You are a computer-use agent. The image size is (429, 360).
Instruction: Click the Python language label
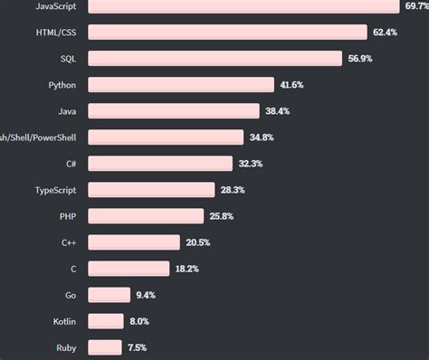(x=62, y=85)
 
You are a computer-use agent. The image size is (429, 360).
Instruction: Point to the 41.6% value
(x=291, y=85)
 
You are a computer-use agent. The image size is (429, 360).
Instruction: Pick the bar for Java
(x=176, y=111)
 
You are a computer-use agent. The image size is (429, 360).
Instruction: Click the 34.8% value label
(x=262, y=137)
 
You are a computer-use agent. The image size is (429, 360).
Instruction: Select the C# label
(x=70, y=164)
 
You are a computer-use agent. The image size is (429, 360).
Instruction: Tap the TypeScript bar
(x=152, y=190)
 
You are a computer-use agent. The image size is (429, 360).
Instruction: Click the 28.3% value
(x=232, y=190)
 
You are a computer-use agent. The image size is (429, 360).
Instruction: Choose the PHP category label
(x=68, y=216)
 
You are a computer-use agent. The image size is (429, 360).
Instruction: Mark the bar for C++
(x=134, y=242)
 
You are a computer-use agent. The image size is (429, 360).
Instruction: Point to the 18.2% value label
(x=187, y=269)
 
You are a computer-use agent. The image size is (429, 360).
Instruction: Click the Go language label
(x=71, y=295)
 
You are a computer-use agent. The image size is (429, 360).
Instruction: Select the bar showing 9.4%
(x=110, y=295)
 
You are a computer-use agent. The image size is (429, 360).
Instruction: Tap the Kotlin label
(x=63, y=321)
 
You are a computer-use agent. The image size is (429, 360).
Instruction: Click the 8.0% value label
(x=138, y=321)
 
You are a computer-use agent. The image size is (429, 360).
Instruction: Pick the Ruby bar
(x=105, y=347)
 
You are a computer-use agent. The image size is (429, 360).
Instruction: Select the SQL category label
(x=68, y=59)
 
